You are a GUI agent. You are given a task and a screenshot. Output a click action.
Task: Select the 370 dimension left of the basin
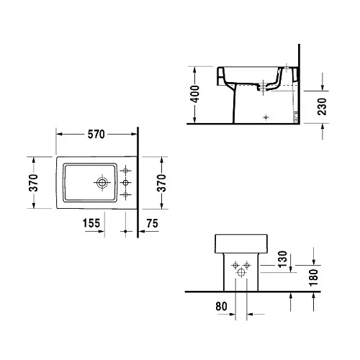coord(31,183)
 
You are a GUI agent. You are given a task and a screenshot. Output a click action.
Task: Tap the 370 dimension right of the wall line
coord(162,183)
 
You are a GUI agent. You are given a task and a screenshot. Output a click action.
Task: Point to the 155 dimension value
coord(91,224)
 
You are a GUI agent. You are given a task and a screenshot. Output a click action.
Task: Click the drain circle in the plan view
coord(102,184)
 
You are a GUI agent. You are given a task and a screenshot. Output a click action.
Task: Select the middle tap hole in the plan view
coord(126,183)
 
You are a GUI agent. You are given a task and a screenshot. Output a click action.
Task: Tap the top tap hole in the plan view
coord(126,171)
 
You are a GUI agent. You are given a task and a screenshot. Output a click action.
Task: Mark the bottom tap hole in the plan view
coord(126,195)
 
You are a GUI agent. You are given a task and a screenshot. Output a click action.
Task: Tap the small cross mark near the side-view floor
coord(267,115)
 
